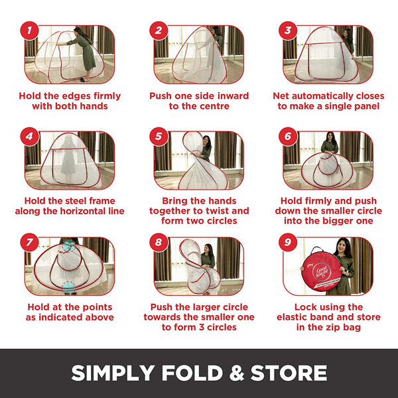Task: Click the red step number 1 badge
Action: pyautogui.click(x=29, y=31)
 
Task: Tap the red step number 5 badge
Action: pyautogui.click(x=159, y=137)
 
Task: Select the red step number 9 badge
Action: pyautogui.click(x=288, y=242)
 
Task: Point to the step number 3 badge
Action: pyautogui.click(x=288, y=31)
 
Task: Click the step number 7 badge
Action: pyautogui.click(x=29, y=242)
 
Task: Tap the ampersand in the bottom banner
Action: pyautogui.click(x=237, y=373)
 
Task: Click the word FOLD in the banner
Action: pyautogui.click(x=192, y=373)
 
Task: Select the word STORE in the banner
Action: pyautogui.click(x=289, y=373)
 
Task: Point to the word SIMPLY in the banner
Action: pyautogui.click(x=113, y=373)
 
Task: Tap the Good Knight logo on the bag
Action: pyautogui.click(x=322, y=272)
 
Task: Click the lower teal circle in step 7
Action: pyautogui.click(x=68, y=288)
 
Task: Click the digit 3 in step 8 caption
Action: pyautogui.click(x=201, y=327)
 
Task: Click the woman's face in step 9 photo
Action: pyautogui.click(x=343, y=246)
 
